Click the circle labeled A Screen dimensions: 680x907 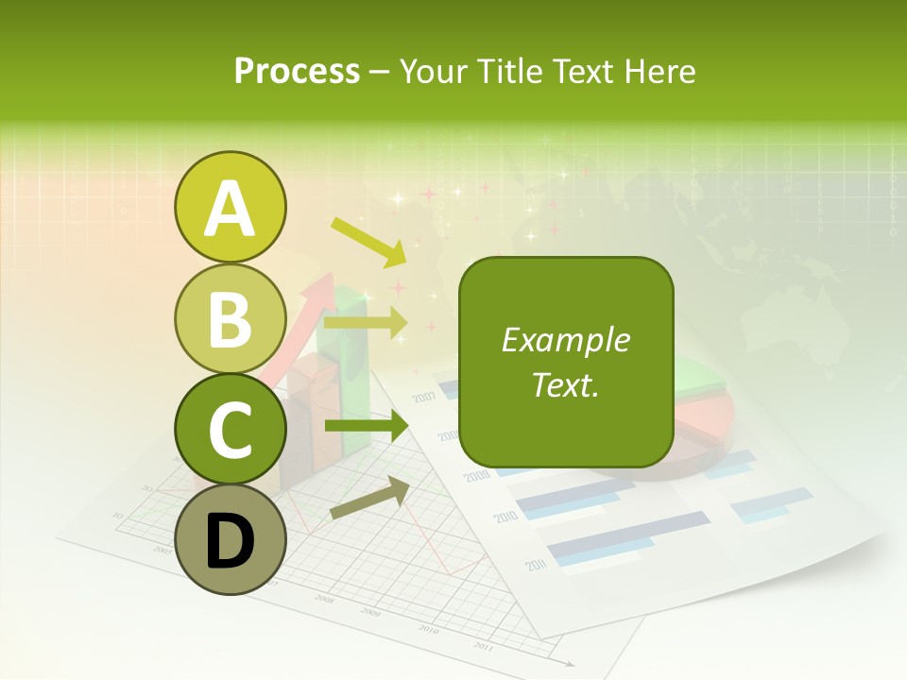pyautogui.click(x=230, y=207)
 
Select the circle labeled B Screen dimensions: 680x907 pyautogui.click(x=230, y=318)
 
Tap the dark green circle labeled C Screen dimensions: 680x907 pyautogui.click(x=230, y=429)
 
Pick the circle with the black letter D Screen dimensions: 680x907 pyautogui.click(x=230, y=539)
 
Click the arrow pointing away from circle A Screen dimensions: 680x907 pyautogui.click(x=368, y=242)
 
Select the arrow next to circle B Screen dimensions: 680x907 pyautogui.click(x=365, y=323)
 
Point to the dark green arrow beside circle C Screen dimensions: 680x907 pyautogui.click(x=365, y=427)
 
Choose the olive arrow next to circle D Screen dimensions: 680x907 pyautogui.click(x=369, y=499)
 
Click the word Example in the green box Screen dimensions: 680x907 pyautogui.click(x=565, y=340)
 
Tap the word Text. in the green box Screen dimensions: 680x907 pyautogui.click(x=565, y=384)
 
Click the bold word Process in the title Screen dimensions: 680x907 pyautogui.click(x=297, y=71)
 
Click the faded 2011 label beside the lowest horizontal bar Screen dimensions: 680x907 pyautogui.click(x=536, y=565)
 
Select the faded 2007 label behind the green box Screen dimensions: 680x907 pyautogui.click(x=423, y=396)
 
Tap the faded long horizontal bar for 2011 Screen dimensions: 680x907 pyautogui.click(x=628, y=534)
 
